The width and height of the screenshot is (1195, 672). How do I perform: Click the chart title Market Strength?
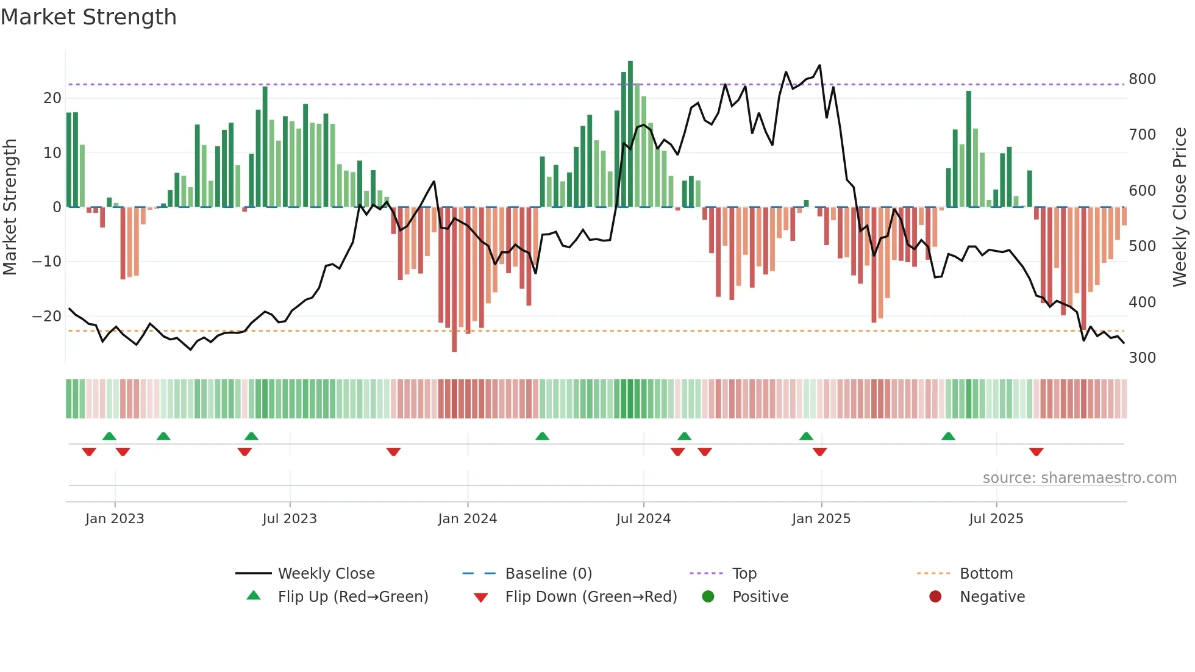(88, 17)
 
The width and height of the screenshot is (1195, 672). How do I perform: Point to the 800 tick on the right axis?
(1142, 79)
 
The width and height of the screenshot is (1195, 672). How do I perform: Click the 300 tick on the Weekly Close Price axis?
(1142, 358)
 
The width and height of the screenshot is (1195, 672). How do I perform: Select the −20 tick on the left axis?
(47, 316)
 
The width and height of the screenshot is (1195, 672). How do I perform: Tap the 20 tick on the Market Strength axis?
(52, 98)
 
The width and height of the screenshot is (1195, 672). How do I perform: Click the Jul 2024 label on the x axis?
(643, 519)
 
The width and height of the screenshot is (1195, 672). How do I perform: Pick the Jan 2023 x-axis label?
(115, 519)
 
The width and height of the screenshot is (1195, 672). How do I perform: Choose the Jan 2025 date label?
(821, 519)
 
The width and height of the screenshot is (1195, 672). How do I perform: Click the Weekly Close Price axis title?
(1180, 207)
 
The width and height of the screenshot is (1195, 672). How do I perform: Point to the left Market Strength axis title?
(10, 207)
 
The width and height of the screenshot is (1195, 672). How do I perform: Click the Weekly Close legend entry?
(326, 574)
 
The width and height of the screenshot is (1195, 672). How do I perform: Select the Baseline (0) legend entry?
(548, 574)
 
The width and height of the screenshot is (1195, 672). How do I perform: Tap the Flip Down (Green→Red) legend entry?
(590, 597)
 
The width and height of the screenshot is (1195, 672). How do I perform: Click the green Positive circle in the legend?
(708, 597)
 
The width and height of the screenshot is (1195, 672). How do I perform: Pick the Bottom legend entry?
(986, 574)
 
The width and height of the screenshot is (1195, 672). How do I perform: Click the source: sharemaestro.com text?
(1079, 478)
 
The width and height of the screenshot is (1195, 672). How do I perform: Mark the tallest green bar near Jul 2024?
(630, 134)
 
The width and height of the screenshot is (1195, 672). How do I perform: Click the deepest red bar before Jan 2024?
(454, 281)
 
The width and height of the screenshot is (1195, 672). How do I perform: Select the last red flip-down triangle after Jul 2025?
(1036, 452)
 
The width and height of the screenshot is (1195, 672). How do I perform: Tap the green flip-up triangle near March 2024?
(542, 436)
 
